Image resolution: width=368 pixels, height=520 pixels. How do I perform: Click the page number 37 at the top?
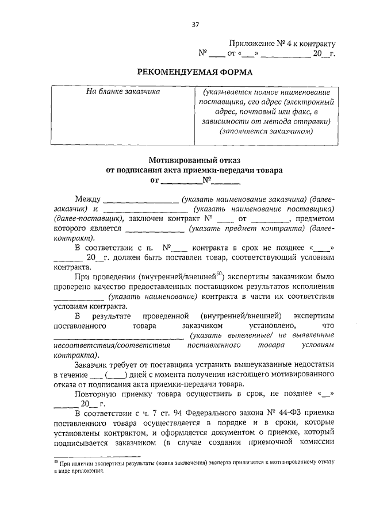point(195,24)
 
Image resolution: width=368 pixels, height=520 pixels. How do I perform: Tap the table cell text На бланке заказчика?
point(123,91)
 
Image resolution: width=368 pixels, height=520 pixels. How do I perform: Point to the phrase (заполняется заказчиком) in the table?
point(266,130)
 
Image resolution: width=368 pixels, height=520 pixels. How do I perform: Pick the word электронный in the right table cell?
point(310,101)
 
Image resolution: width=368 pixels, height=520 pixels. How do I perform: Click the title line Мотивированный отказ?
point(195,160)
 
